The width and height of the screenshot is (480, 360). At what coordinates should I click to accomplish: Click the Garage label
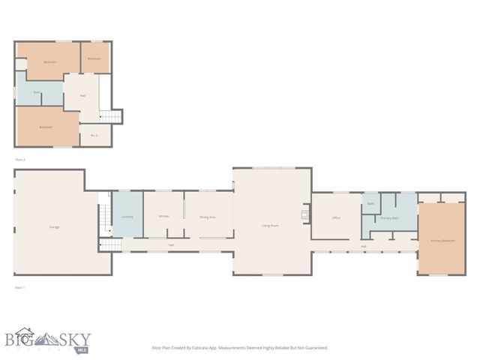[55, 226]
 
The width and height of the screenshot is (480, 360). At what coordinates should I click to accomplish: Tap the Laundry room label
[127, 217]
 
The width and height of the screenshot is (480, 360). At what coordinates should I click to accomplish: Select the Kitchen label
[163, 217]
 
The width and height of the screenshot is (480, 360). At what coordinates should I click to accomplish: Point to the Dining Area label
[208, 217]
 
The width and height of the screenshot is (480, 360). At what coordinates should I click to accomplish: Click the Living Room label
[270, 225]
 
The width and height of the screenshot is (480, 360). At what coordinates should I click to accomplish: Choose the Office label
[336, 217]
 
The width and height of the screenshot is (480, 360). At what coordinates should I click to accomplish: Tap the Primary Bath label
[389, 217]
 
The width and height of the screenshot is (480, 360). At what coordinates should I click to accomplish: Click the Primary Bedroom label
[442, 241]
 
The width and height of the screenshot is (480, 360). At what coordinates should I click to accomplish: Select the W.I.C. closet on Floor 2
[94, 136]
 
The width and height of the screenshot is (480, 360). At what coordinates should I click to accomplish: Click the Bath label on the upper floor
[36, 93]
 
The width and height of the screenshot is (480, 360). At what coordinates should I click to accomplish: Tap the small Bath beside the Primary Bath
[370, 203]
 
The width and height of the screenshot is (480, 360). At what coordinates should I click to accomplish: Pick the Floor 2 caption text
[20, 160]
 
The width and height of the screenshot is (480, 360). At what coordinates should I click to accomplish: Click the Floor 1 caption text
[20, 287]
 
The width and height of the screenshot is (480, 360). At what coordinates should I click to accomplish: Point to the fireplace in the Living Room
[304, 214]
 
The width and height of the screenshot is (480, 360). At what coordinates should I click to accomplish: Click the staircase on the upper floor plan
[110, 116]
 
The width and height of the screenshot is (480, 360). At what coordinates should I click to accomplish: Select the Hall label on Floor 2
[82, 95]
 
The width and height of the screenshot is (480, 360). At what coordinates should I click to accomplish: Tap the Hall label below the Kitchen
[171, 245]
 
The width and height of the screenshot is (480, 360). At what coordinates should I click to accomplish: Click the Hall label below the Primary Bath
[363, 246]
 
